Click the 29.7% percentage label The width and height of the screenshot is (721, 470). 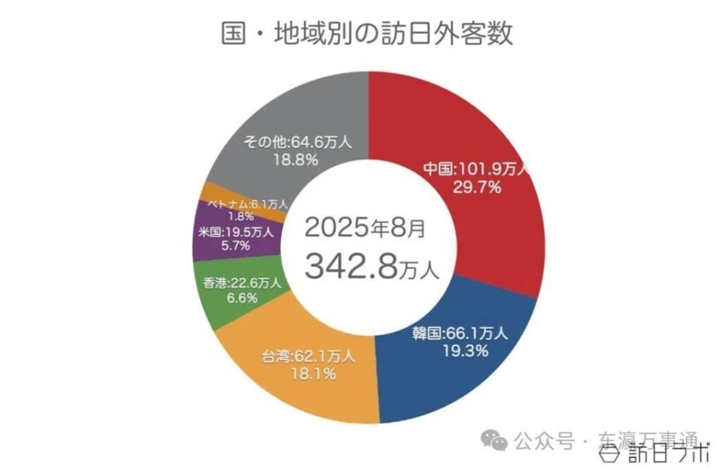coord(476,187)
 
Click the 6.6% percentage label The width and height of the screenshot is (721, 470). coord(241,298)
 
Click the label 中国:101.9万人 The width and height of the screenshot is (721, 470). coord(476,168)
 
